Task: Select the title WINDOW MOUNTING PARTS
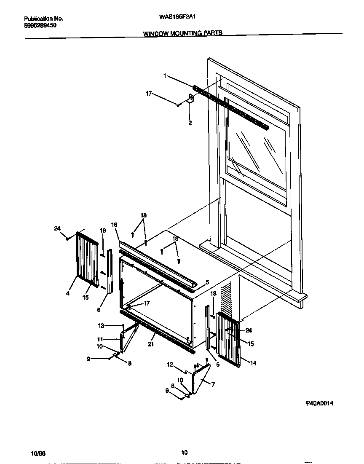coord(182,33)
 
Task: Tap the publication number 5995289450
coord(40,25)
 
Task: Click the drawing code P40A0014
coord(320,403)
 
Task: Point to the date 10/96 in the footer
coord(38,453)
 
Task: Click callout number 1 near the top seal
coord(165,76)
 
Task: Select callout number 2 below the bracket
coord(190,123)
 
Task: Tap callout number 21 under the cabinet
coord(151,345)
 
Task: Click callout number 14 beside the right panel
coord(253,363)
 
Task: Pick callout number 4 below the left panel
coord(67,293)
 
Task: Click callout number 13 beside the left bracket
coord(101,325)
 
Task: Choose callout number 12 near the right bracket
coord(170,365)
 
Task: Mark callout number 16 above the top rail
coord(114,225)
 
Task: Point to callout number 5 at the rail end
coord(207,282)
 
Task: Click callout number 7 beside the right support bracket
coord(213,384)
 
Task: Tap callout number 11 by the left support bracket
coord(101,339)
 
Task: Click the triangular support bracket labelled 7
coord(201,379)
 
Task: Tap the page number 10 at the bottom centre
coord(184,453)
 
